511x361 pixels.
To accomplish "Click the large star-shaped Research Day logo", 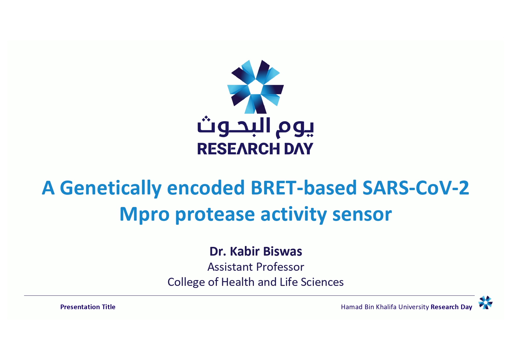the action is [x=255, y=87].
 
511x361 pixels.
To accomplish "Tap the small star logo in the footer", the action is [x=485, y=302].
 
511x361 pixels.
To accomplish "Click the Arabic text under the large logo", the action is [x=255, y=127].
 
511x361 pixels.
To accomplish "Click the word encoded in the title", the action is [x=206, y=187].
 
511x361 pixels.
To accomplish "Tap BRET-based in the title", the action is [x=304, y=187].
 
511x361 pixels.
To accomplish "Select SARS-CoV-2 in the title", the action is [x=416, y=187].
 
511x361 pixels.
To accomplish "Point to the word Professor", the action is [x=280, y=267].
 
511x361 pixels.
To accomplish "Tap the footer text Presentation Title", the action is [x=88, y=307].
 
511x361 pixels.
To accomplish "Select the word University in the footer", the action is [x=413, y=307].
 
